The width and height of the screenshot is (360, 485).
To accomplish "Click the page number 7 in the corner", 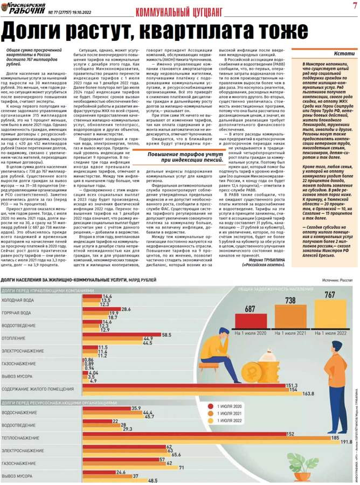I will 354,5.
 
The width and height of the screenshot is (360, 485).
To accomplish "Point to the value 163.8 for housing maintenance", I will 308,393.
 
